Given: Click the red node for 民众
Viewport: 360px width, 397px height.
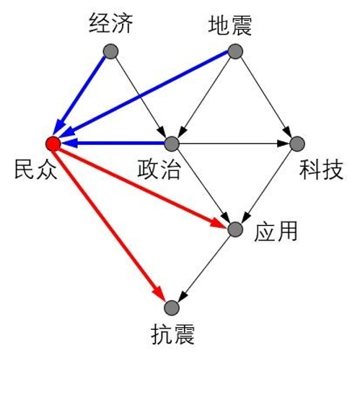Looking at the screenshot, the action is click(53, 144).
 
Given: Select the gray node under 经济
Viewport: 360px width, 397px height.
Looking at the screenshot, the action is click(111, 51).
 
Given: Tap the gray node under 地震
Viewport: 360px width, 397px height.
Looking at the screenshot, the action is click(235, 51).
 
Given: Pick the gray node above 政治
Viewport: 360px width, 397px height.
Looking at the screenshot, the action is click(172, 144).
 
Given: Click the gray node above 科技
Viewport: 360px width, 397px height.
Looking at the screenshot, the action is click(297, 144).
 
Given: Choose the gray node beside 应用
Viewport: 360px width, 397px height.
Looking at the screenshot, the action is click(235, 230).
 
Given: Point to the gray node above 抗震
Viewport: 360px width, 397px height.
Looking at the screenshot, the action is click(172, 308).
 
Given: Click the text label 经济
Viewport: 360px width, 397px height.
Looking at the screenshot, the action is click(111, 23).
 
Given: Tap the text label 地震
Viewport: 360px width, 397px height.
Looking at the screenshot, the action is click(230, 25).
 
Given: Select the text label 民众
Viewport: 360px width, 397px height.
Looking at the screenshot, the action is click(35, 169).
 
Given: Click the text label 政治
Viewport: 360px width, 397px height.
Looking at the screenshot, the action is click(159, 169).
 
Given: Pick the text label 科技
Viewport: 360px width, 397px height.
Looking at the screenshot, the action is click(321, 169).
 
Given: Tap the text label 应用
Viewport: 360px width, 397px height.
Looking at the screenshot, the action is click(276, 232).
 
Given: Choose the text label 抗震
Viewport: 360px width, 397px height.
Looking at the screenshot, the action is click(173, 334).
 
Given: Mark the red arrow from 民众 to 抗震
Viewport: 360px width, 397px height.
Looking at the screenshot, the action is click(110, 223).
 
